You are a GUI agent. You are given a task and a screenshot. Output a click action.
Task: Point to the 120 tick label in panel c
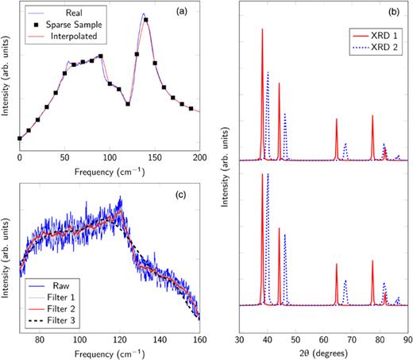(119, 337)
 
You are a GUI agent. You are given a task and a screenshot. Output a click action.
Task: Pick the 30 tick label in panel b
(241, 337)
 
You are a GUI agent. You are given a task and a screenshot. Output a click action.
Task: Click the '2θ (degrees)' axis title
(324, 352)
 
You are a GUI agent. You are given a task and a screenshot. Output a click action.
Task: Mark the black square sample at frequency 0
(20, 139)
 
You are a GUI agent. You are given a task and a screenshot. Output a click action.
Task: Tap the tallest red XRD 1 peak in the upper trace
(262, 30)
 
